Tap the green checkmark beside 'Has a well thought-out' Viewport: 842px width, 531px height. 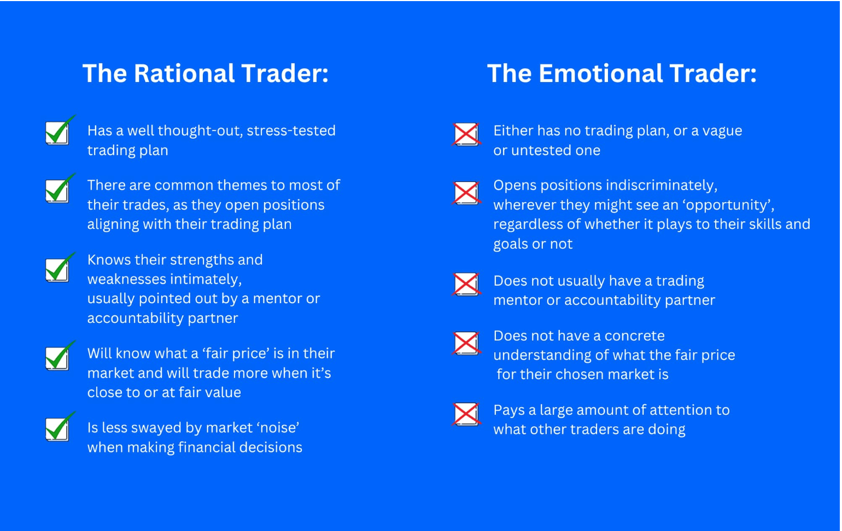[60, 131]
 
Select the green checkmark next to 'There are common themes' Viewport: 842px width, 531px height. [60, 189]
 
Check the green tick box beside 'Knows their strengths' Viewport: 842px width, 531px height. [60, 268]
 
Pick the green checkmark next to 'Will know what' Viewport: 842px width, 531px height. [60, 356]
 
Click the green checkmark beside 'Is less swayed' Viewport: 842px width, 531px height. [60, 427]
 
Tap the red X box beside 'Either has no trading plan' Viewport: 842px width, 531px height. [466, 134]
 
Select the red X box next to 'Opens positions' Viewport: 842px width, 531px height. [466, 193]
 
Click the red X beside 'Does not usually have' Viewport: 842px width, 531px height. [466, 284]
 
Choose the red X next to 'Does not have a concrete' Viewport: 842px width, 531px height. [466, 343]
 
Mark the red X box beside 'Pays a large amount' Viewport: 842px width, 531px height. [466, 414]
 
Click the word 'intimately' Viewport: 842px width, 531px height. [206, 279]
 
